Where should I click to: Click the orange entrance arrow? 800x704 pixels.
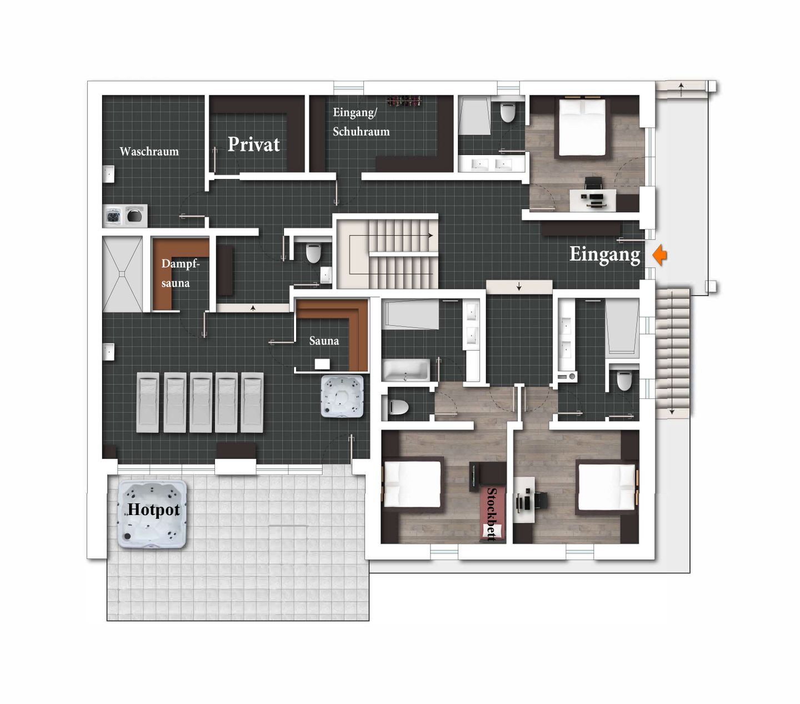(x=660, y=256)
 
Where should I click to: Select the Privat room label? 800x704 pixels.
(x=253, y=144)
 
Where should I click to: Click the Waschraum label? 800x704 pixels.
(x=149, y=151)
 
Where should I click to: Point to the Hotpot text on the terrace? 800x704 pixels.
(x=153, y=510)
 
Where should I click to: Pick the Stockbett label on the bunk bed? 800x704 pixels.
(x=492, y=515)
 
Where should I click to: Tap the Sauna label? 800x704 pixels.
(x=324, y=341)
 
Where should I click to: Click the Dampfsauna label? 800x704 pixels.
(x=181, y=273)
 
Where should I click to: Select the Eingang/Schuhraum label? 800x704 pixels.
(x=361, y=122)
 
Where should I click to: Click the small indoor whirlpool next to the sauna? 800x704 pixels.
(x=342, y=396)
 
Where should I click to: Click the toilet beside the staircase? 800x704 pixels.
(x=313, y=253)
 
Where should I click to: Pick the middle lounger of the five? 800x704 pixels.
(x=201, y=402)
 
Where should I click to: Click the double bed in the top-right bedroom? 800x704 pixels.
(x=582, y=127)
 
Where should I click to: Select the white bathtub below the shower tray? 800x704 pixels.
(x=406, y=370)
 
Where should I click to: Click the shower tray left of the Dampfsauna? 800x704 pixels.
(x=122, y=274)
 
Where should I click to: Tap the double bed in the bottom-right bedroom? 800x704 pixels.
(x=607, y=487)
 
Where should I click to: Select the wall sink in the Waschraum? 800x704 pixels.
(x=108, y=174)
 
